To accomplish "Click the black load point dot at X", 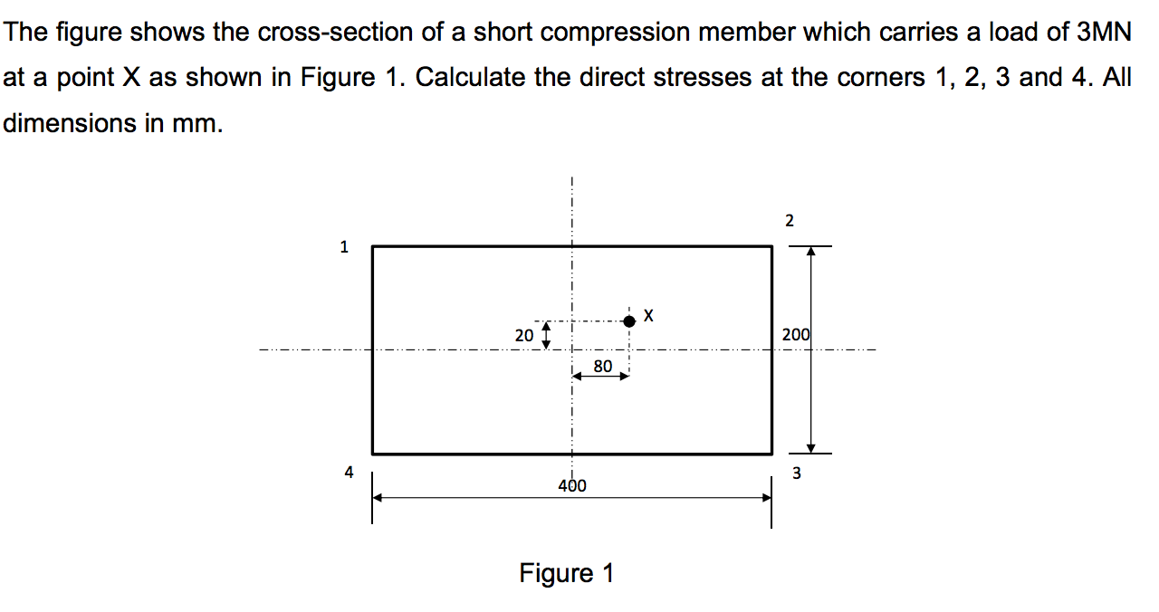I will pos(629,320).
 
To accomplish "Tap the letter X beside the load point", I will pos(648,315).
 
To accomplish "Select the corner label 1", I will pos(343,245).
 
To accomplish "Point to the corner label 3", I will pos(797,472).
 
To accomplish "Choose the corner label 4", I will pos(349,471).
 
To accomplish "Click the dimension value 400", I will pos(571,485).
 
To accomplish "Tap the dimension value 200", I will pos(796,335).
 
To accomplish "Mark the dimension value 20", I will pos(524,335).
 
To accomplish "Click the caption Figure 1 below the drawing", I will pos(567,573).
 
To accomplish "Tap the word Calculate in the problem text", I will pos(471,78).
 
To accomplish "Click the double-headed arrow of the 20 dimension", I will pos(545,336).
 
